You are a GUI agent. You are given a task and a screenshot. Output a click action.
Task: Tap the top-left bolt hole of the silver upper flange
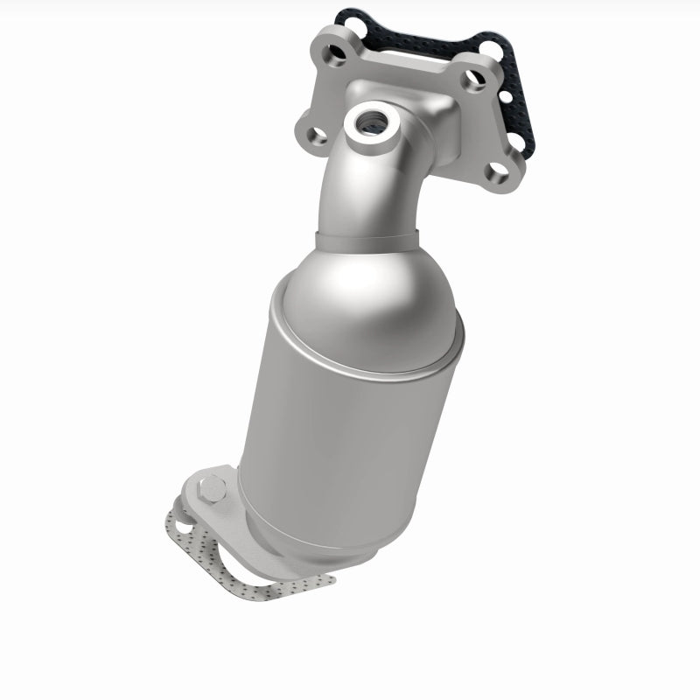[334, 49]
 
